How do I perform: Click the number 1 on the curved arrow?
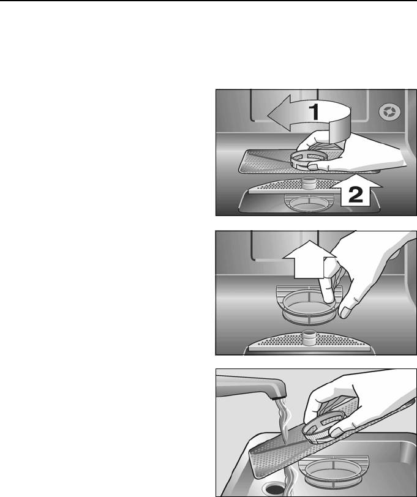(315, 112)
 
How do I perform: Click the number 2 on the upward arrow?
(355, 194)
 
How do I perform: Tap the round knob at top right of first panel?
(389, 112)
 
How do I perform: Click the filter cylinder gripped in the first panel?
(309, 159)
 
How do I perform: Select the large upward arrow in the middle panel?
(309, 260)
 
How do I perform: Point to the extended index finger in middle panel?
(326, 287)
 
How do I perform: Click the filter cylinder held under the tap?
(323, 427)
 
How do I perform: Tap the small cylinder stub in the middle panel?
(309, 338)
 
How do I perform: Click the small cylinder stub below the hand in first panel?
(309, 183)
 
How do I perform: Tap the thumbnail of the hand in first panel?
(313, 166)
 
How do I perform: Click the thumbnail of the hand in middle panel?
(345, 312)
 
